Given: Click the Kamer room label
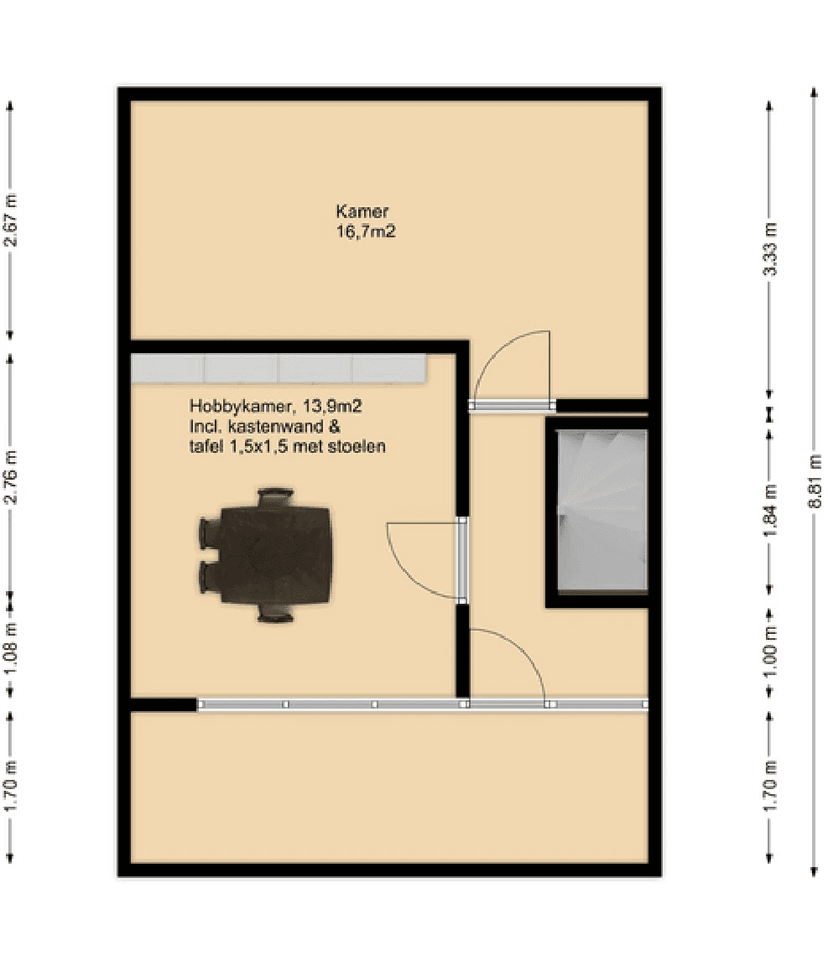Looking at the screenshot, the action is click(x=362, y=211).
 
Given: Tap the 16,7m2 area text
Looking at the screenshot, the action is click(x=366, y=231).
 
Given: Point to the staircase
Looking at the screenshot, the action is click(x=601, y=510).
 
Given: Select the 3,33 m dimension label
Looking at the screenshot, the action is click(x=770, y=249).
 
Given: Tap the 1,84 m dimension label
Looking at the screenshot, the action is click(x=770, y=510).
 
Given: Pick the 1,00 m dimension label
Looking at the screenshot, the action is click(x=770, y=651).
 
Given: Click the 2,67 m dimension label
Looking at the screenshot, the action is click(x=10, y=221).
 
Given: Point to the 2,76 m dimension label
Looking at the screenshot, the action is click(x=10, y=477).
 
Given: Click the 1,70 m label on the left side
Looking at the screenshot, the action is click(x=10, y=785).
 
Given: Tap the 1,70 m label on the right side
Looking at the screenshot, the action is click(x=770, y=785).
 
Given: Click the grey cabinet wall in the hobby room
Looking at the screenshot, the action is click(x=279, y=368).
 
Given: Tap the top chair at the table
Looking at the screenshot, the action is click(x=275, y=497).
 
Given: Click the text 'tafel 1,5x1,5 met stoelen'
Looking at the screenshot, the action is click(x=287, y=446).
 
